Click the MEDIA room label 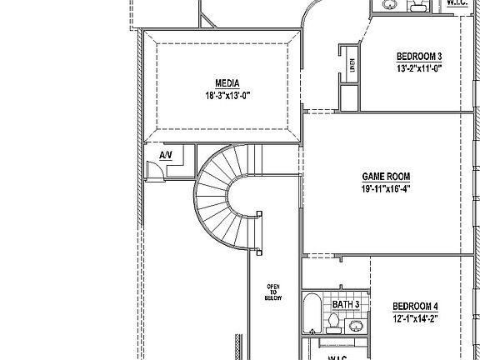pyautogui.click(x=227, y=83)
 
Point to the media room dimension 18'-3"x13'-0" pyautogui.click(x=227, y=95)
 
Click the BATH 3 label pyautogui.click(x=346, y=304)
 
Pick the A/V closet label pyautogui.click(x=165, y=155)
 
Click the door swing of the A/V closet pyautogui.click(x=154, y=169)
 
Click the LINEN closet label pyautogui.click(x=352, y=65)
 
